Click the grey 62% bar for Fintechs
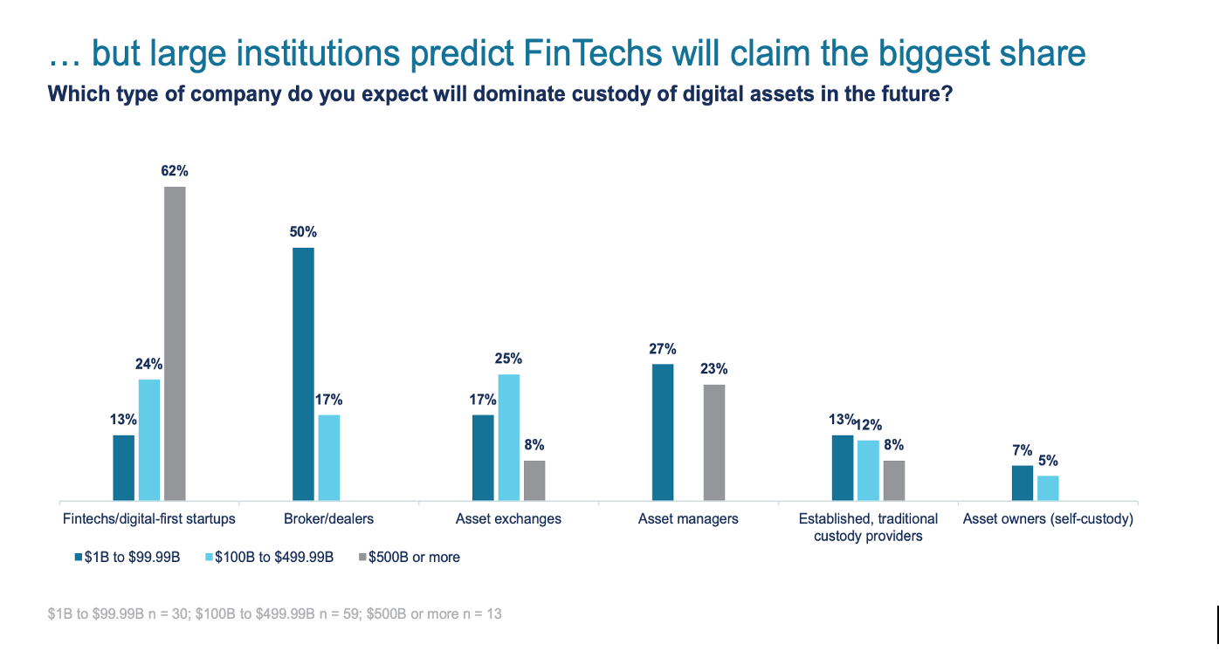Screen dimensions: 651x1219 point(176,343)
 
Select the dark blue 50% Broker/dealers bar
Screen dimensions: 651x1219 point(303,373)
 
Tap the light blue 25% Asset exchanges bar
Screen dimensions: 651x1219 point(509,436)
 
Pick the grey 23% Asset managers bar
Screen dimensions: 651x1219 point(714,442)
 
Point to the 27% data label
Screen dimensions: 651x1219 point(663,349)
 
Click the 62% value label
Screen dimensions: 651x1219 point(175,171)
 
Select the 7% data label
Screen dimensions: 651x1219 point(1023,450)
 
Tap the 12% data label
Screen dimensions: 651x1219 point(869,425)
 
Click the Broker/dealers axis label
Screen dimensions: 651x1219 point(329,519)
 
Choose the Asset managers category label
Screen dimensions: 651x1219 point(688,519)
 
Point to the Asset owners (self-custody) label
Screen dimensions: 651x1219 point(1048,519)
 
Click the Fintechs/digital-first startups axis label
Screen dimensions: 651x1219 point(149,519)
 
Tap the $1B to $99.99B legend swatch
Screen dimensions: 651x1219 point(79,557)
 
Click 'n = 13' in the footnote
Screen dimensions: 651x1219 point(483,614)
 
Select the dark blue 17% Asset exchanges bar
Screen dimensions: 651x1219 point(483,456)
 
